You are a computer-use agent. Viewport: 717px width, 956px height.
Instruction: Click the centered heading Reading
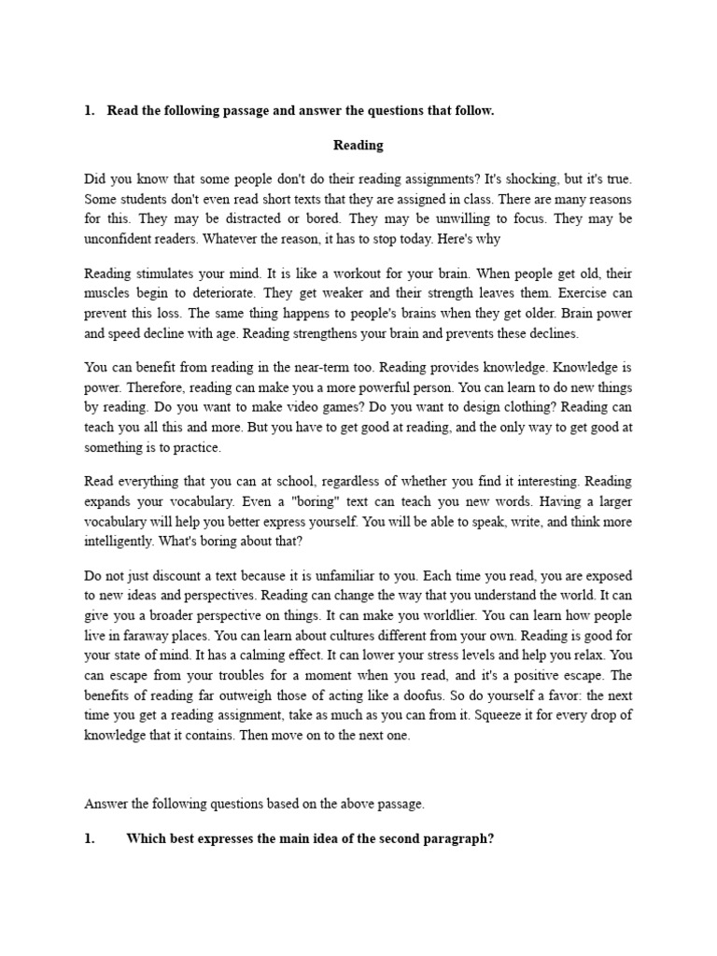click(x=358, y=145)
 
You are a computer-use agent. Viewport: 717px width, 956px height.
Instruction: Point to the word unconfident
click(x=120, y=239)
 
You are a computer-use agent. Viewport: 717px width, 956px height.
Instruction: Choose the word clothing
click(x=503, y=408)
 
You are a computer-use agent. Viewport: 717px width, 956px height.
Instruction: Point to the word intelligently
click(x=119, y=541)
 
